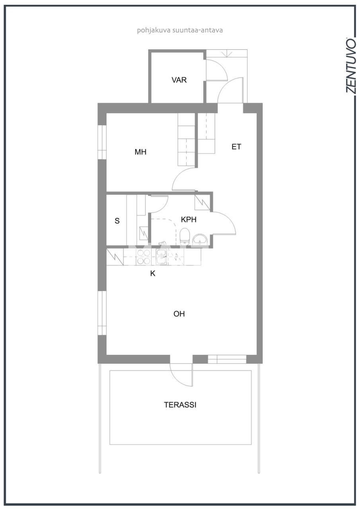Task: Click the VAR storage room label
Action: pyautogui.click(x=179, y=80)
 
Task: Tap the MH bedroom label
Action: pyautogui.click(x=140, y=152)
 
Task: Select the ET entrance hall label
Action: pyautogui.click(x=236, y=147)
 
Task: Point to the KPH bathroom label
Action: pyautogui.click(x=189, y=220)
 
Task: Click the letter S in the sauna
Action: pyautogui.click(x=117, y=221)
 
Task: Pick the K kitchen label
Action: pyautogui.click(x=152, y=274)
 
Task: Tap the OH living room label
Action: pyautogui.click(x=179, y=314)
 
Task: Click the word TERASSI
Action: pyautogui.click(x=180, y=405)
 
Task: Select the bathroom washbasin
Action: pyautogui.click(x=199, y=240)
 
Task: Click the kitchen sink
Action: pyautogui.click(x=162, y=257)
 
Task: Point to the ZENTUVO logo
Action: pyautogui.click(x=350, y=66)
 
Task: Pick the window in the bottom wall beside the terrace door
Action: pyautogui.click(x=227, y=359)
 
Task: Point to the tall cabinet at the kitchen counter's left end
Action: pyautogui.click(x=115, y=256)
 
